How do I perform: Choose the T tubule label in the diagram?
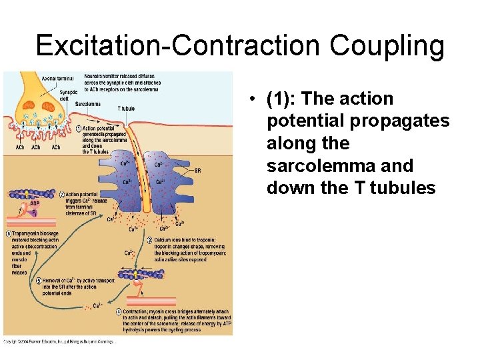coord(126,108)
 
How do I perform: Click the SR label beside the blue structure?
coord(197,170)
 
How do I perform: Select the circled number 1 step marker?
coord(78,129)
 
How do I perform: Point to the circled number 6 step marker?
coord(9,233)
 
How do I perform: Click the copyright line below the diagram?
coord(60,341)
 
